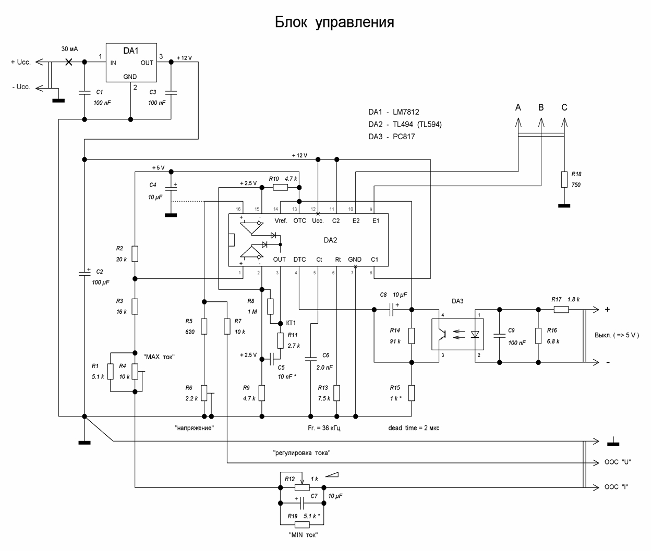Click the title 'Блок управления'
[334, 23]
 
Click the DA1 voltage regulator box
[130, 63]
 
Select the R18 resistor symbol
[564, 180]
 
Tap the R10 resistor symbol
[280, 187]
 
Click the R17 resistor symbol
[561, 309]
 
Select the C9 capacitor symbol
[500, 335]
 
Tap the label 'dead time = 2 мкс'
[414, 428]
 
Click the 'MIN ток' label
[303, 535]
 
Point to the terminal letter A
[518, 108]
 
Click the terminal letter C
[564, 108]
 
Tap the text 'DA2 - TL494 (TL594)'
[405, 125]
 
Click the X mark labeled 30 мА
[68, 62]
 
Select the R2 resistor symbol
[135, 254]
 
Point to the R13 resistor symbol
[337, 393]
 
